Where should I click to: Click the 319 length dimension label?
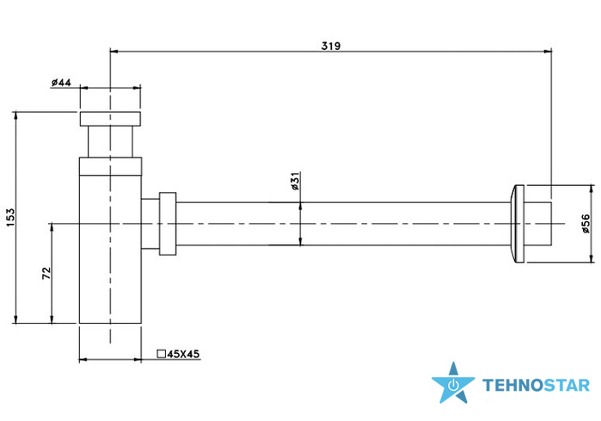click(x=331, y=46)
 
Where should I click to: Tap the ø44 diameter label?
click(x=61, y=82)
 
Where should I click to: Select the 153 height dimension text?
click(x=10, y=217)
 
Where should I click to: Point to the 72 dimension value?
click(x=46, y=273)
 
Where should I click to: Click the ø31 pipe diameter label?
click(x=295, y=181)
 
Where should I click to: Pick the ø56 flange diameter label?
click(x=586, y=223)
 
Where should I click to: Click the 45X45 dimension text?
click(x=184, y=354)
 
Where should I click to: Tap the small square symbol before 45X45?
click(x=162, y=354)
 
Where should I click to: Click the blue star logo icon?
click(x=453, y=382)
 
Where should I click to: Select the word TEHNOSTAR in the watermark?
click(x=536, y=386)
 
